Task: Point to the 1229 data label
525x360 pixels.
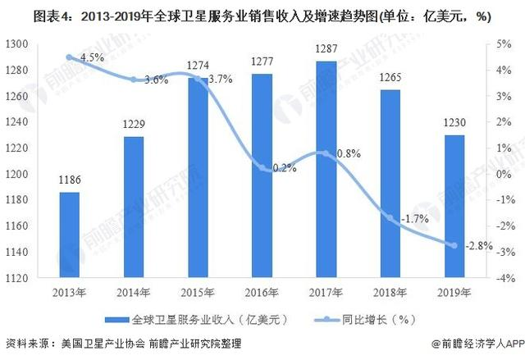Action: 135,125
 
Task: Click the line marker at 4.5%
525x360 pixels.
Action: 70,57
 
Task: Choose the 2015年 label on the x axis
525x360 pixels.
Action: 199,293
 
